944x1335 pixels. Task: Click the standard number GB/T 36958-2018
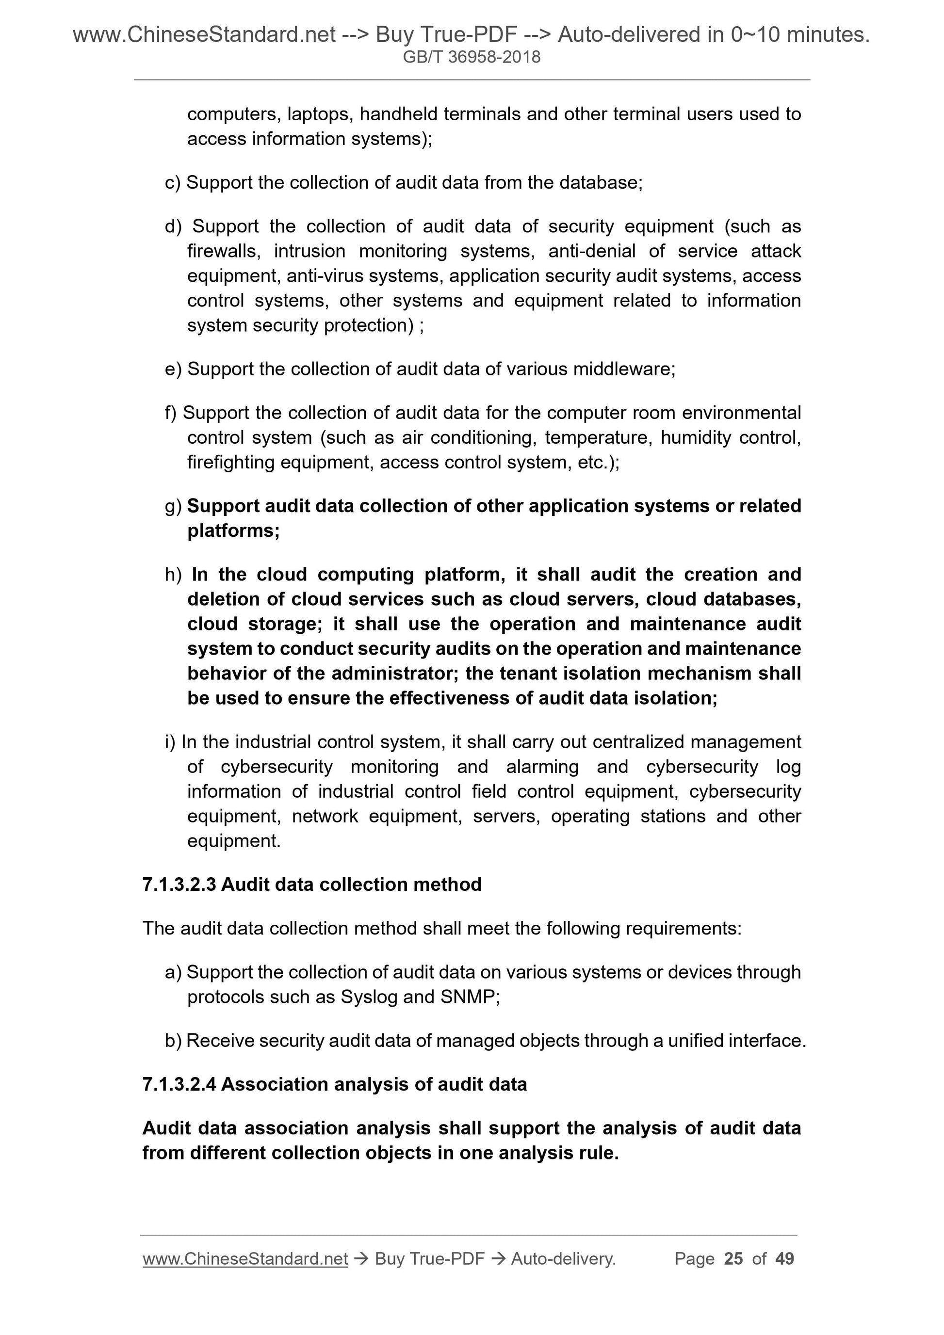pyautogui.click(x=472, y=57)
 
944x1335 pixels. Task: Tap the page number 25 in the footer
pyautogui.click(x=733, y=1259)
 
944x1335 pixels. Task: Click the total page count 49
pyautogui.click(x=784, y=1259)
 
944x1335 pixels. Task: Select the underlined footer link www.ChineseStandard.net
pyautogui.click(x=245, y=1259)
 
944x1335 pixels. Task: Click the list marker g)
pyautogui.click(x=173, y=506)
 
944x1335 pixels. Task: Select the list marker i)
pyautogui.click(x=170, y=742)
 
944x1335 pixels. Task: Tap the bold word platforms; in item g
pyautogui.click(x=233, y=531)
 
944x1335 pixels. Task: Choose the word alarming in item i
pyautogui.click(x=542, y=767)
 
